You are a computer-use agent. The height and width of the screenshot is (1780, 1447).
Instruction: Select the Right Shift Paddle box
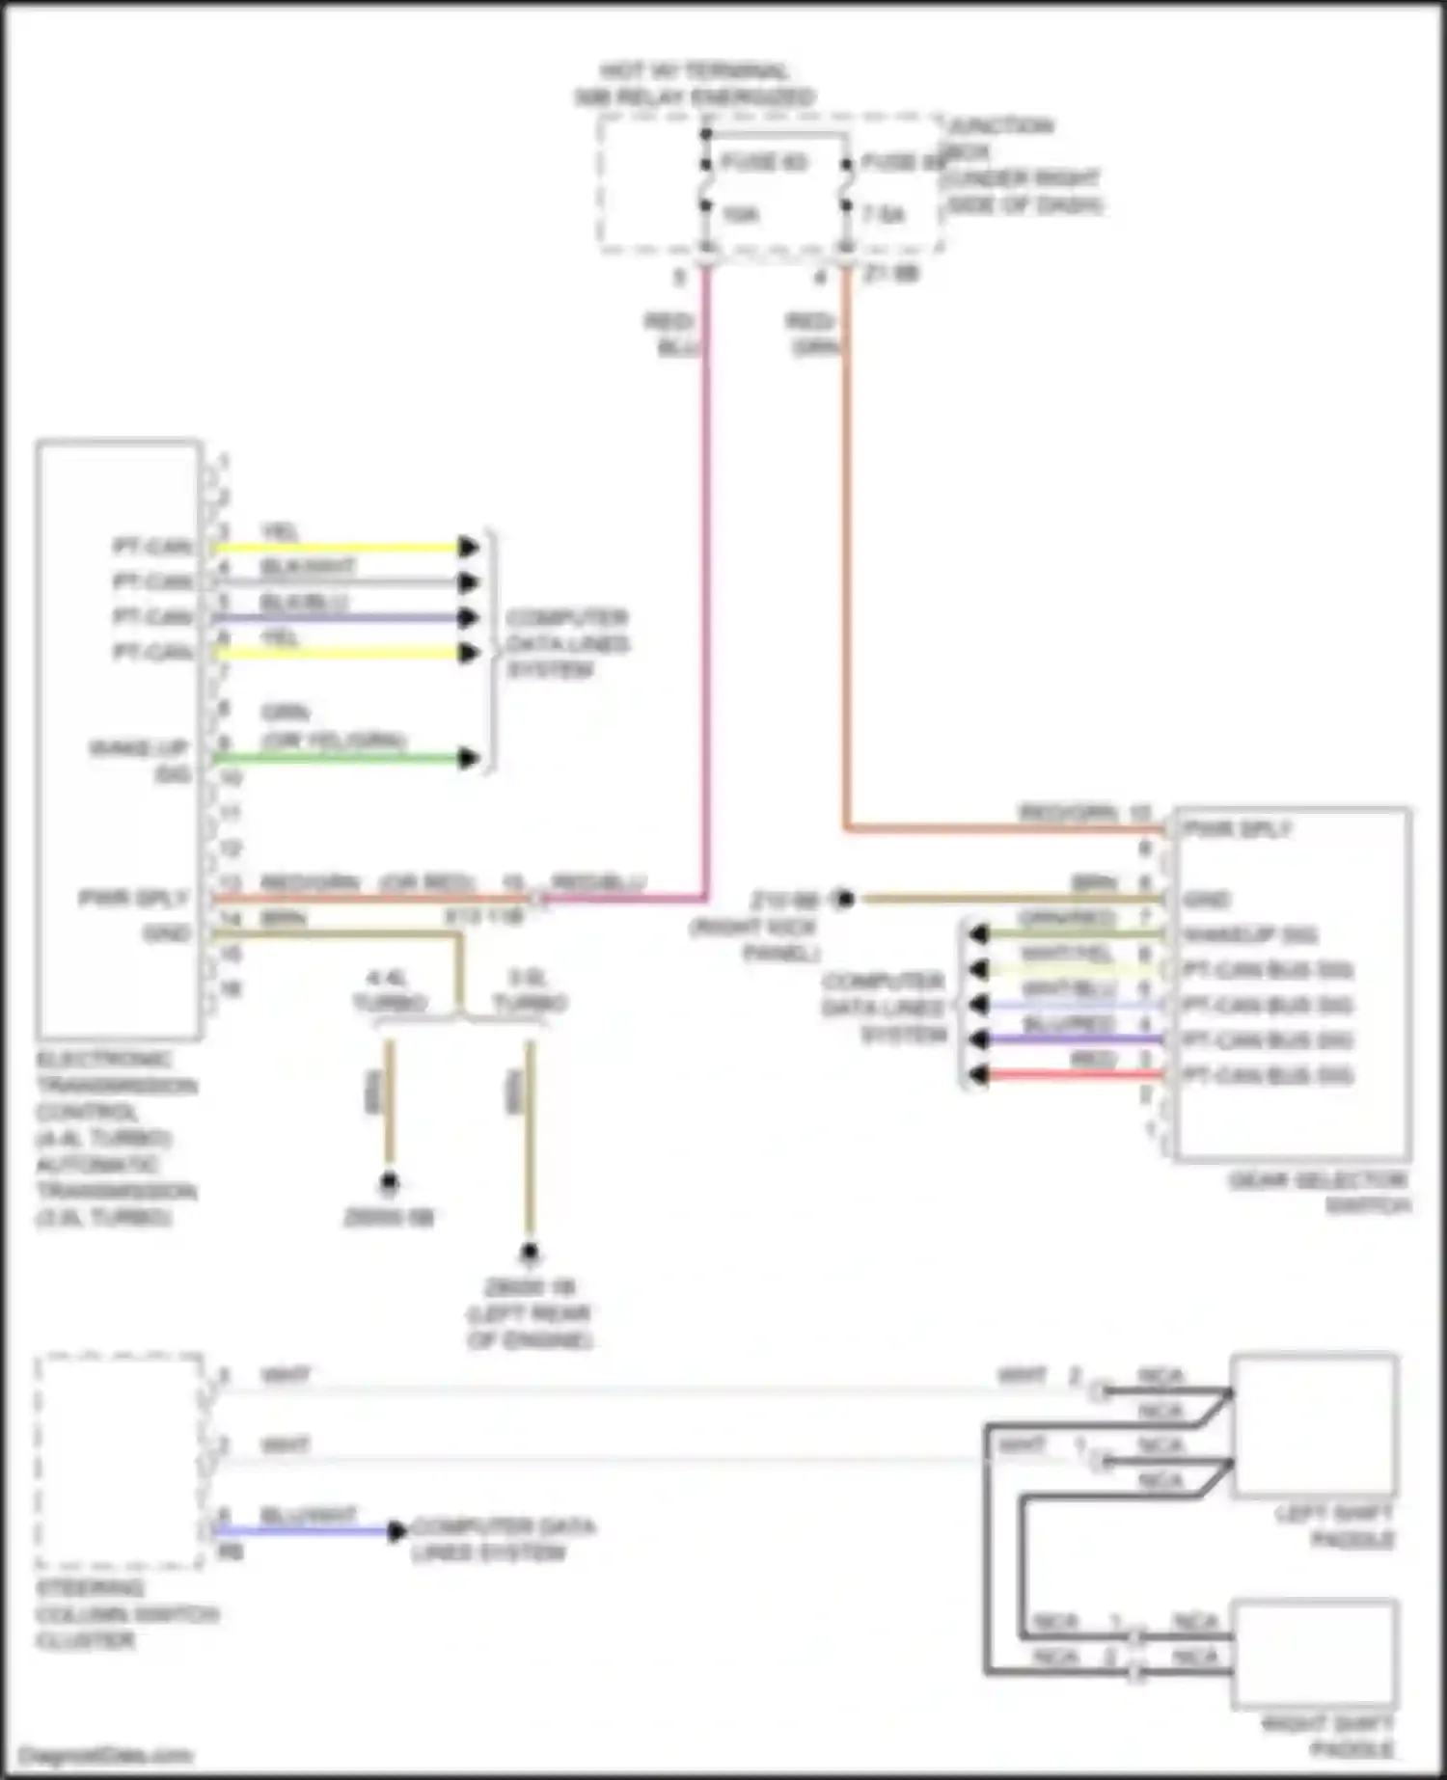coord(1315,1653)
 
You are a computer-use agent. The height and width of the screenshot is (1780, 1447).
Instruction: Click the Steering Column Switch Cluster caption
coord(125,1614)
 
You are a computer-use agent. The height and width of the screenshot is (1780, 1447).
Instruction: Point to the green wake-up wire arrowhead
coord(469,758)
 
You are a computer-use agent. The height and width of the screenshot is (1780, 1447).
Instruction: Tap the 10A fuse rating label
coord(740,214)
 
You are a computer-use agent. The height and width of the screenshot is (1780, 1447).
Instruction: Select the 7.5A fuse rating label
coord(883,214)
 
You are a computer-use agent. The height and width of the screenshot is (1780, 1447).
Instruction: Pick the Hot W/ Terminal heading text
coord(695,84)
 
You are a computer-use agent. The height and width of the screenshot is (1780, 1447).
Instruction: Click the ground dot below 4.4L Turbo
coord(389,1181)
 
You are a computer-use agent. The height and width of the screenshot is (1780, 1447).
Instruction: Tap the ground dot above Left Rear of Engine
coord(529,1253)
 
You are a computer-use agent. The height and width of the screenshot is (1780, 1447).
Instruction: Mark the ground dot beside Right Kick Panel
coord(845,900)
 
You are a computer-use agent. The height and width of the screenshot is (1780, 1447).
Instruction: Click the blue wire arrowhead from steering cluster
coord(396,1530)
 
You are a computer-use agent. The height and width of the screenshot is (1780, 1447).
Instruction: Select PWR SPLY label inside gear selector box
coord(1237,829)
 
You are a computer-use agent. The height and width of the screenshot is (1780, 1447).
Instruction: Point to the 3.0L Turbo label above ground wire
coord(529,991)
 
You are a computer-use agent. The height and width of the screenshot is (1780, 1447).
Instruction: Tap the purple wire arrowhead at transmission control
coord(469,617)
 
